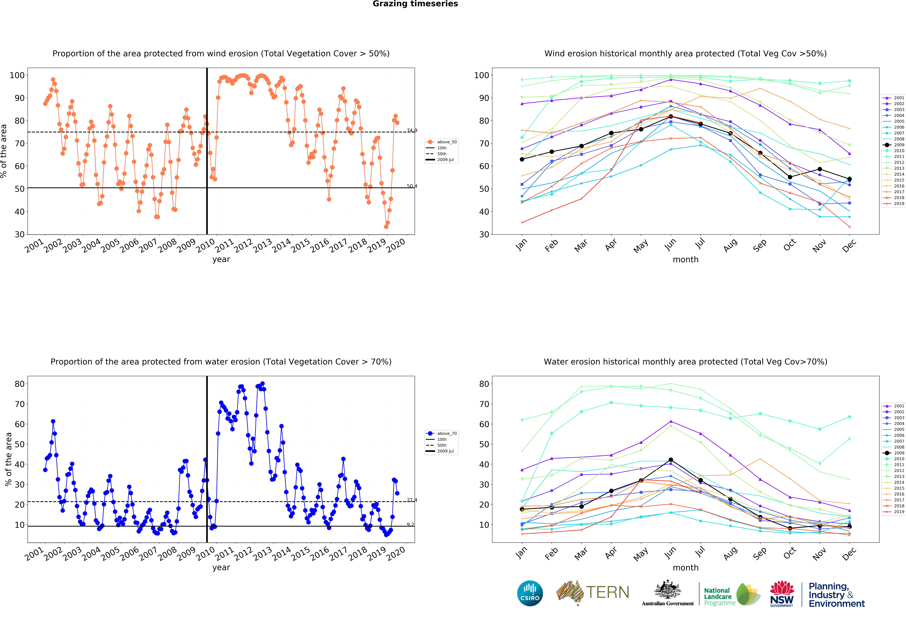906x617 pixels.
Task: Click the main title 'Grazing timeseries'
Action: pyautogui.click(x=415, y=4)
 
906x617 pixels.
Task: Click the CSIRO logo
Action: pyautogui.click(x=530, y=593)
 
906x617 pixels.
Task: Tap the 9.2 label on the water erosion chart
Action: pyautogui.click(x=410, y=524)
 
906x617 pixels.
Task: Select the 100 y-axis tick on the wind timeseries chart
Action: pyautogui.click(x=17, y=75)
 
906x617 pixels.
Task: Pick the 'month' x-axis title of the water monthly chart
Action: pyautogui.click(x=685, y=568)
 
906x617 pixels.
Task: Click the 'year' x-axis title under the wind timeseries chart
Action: pyautogui.click(x=221, y=259)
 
